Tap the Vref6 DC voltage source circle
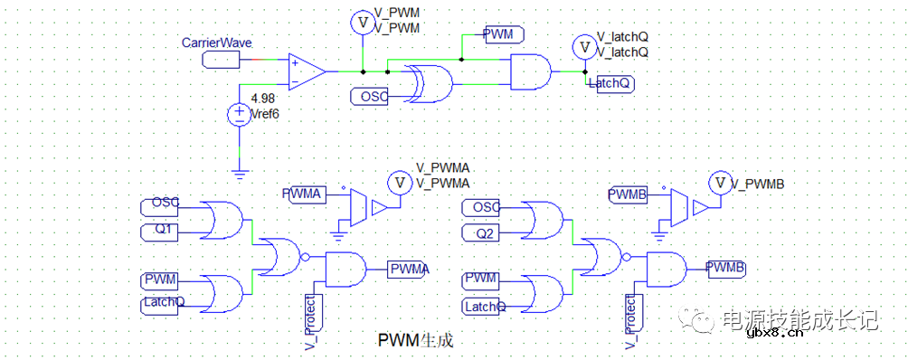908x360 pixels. [x=239, y=115]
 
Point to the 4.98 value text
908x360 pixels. [x=262, y=99]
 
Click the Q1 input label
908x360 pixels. [x=165, y=230]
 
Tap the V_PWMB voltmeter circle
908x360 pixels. [x=720, y=184]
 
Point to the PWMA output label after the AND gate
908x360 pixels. [x=409, y=269]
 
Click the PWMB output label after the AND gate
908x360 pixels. [x=726, y=268]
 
